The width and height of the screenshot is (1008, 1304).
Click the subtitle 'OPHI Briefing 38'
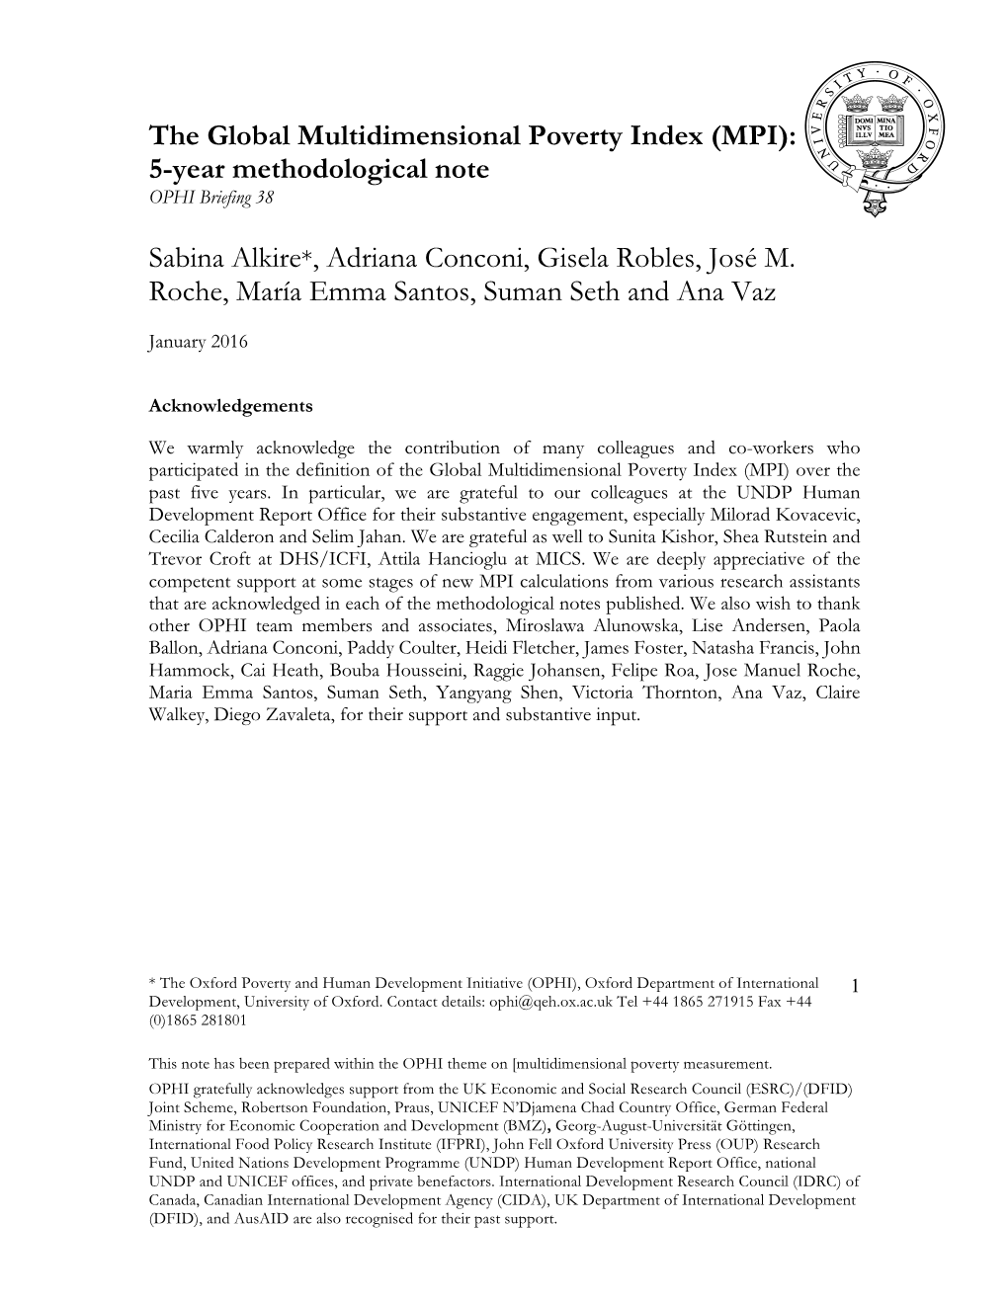point(210,198)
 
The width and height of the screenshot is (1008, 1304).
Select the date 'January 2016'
point(198,342)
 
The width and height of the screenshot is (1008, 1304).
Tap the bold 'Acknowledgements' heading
point(230,405)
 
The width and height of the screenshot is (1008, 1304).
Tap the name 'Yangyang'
point(470,693)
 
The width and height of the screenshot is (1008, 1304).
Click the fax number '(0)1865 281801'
point(198,1020)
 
